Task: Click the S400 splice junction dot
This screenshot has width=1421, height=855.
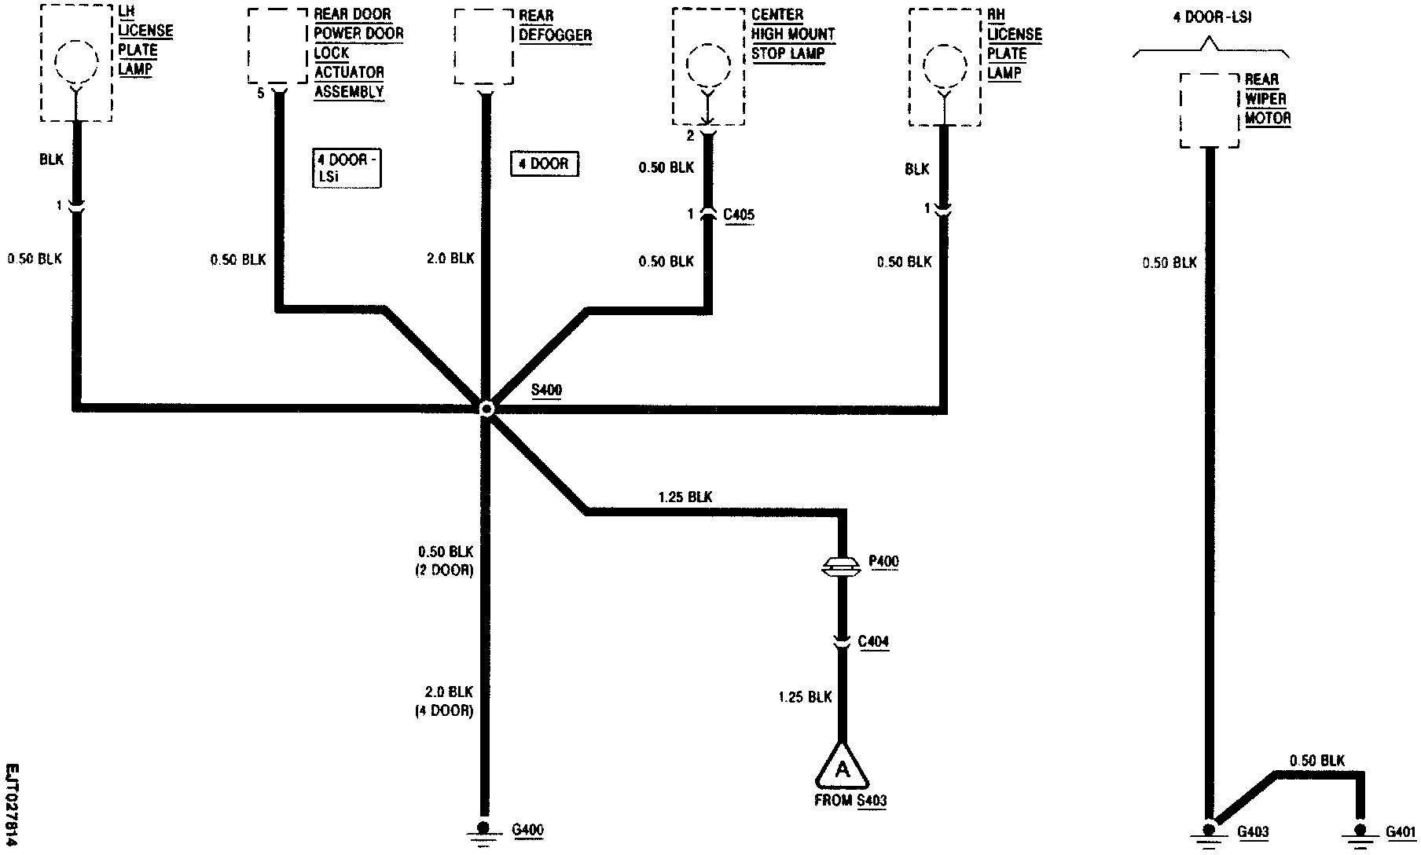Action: (487, 409)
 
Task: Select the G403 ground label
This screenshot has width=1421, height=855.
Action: (1253, 832)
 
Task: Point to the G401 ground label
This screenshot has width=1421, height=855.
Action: (1401, 832)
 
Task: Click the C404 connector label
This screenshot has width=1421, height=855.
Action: (873, 642)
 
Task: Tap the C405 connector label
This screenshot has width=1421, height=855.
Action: (738, 215)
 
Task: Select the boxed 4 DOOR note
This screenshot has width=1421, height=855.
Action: (544, 164)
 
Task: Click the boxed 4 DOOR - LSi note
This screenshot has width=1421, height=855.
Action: (346, 168)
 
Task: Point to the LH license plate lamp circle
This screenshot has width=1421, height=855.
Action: (76, 62)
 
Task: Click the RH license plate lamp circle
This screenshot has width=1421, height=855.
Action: (944, 65)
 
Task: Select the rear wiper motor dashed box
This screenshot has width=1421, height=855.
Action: (1210, 111)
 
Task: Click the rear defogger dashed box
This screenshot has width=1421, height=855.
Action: (484, 46)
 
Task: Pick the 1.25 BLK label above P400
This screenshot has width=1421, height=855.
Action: (685, 497)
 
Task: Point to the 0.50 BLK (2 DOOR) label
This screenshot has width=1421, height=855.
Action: (445, 560)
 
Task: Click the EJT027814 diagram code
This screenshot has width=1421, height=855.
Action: (13, 805)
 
